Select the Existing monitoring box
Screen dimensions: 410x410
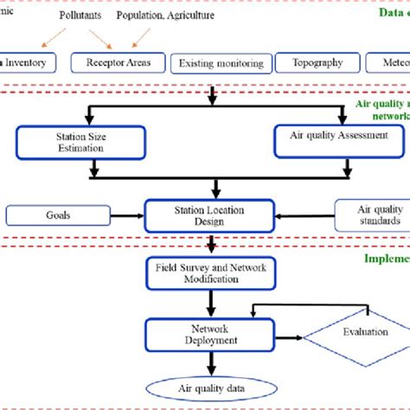pyautogui.click(x=220, y=63)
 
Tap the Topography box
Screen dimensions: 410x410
pyautogui.click(x=311, y=62)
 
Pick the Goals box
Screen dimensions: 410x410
pyautogui.click(x=58, y=215)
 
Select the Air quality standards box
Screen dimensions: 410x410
pyautogui.click(x=381, y=215)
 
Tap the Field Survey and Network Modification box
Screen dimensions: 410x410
pyautogui.click(x=210, y=274)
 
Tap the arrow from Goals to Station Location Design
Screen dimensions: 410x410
pyautogui.click(x=127, y=215)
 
